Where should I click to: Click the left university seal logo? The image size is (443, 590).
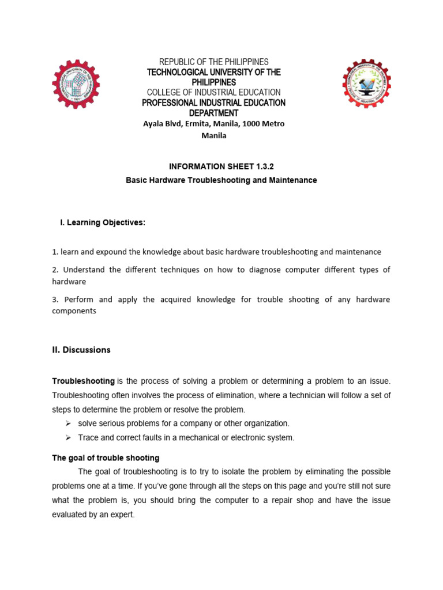[x=76, y=84]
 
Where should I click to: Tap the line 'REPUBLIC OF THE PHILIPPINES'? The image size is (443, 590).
[x=214, y=62]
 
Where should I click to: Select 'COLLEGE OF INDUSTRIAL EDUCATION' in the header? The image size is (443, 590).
[x=214, y=92]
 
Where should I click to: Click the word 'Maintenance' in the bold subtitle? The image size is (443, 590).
[x=292, y=180]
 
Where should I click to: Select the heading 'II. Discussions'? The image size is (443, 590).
[x=81, y=350]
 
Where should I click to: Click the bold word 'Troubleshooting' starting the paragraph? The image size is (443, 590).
[x=84, y=381]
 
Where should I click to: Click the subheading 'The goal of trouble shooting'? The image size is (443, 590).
[x=106, y=458]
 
